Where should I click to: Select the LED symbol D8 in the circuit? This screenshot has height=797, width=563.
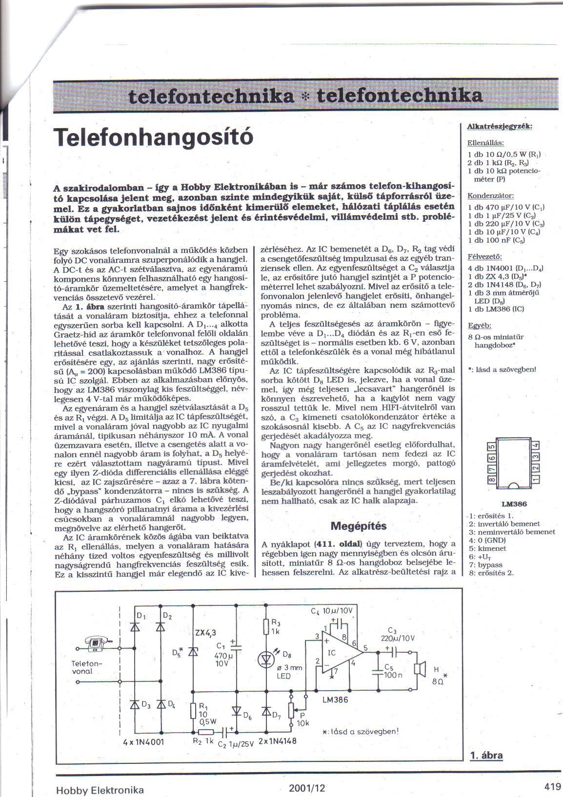click(266, 660)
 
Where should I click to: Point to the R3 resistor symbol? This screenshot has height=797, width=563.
click(266, 628)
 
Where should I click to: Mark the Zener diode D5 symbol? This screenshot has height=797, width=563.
click(193, 652)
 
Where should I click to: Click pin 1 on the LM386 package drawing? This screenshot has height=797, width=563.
click(536, 480)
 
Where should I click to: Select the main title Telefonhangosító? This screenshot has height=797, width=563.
click(155, 137)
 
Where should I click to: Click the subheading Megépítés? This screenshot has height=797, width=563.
click(358, 526)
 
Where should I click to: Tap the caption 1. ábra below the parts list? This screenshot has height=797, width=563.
click(486, 756)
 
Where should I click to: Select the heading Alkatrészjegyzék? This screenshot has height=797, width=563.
click(499, 126)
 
